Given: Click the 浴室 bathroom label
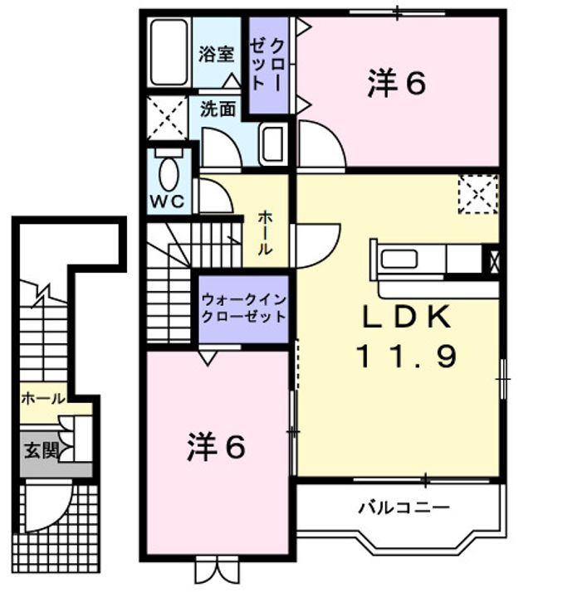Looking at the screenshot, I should pos(216,54).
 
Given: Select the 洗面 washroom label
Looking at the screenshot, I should pos(218,108).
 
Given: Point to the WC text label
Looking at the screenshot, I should pos(169,201).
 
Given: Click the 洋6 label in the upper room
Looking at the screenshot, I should pos(396,83).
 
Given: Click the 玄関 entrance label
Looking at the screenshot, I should pos(40,451).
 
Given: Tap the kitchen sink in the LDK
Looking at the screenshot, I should pos(399,258).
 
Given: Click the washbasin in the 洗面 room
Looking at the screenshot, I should pos(271,146).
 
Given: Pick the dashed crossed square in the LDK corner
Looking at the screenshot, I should pos(478,195).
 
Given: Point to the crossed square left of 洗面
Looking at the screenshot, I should pos(169,117).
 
